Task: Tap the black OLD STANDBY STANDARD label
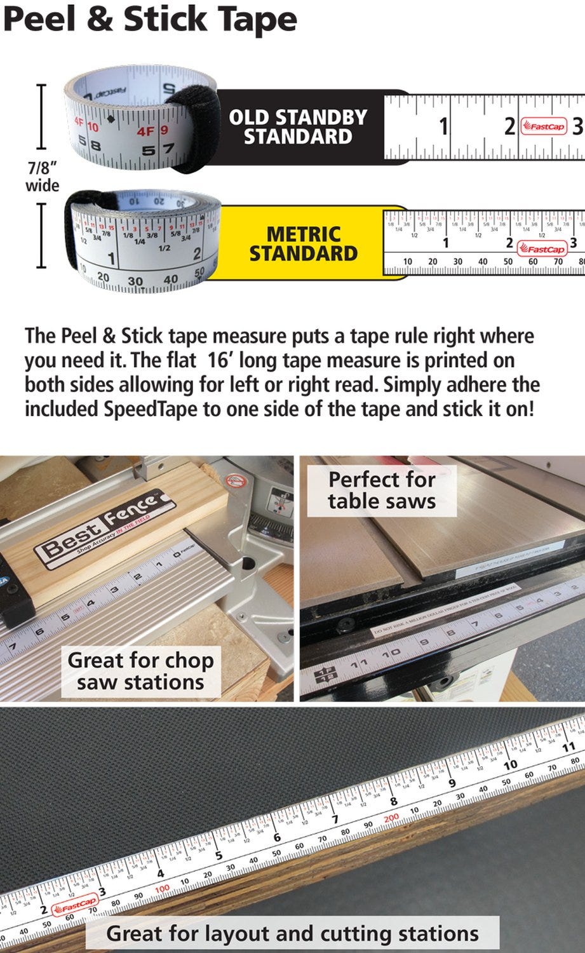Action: (x=298, y=127)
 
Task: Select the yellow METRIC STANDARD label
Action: (x=303, y=244)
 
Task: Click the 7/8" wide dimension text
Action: (x=42, y=177)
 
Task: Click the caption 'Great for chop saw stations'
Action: (x=140, y=671)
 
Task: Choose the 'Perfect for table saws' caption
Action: (x=382, y=490)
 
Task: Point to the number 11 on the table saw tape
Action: (x=359, y=663)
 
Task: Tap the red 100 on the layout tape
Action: (x=163, y=888)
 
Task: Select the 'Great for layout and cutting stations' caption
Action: (x=292, y=933)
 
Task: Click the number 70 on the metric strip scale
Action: (x=558, y=262)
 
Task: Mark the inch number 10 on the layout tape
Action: (x=510, y=766)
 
